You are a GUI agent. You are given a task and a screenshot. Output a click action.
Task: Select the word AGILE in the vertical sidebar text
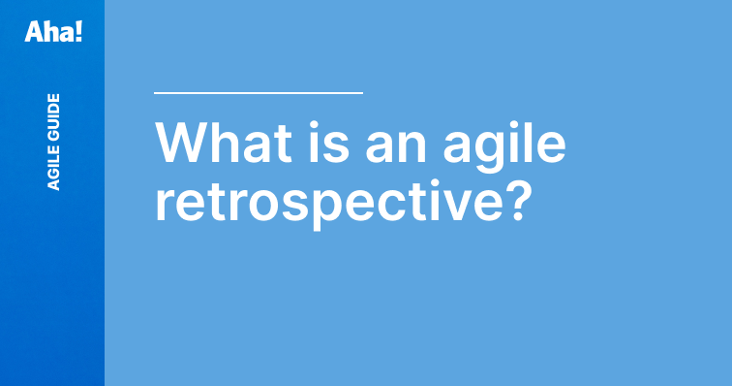pyautogui.click(x=54, y=165)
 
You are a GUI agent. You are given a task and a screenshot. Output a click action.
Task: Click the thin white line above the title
pyautogui.click(x=258, y=93)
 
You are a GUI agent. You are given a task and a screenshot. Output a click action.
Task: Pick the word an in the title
pyautogui.click(x=377, y=145)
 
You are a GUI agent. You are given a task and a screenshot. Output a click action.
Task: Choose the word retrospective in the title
pyautogui.click(x=327, y=202)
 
